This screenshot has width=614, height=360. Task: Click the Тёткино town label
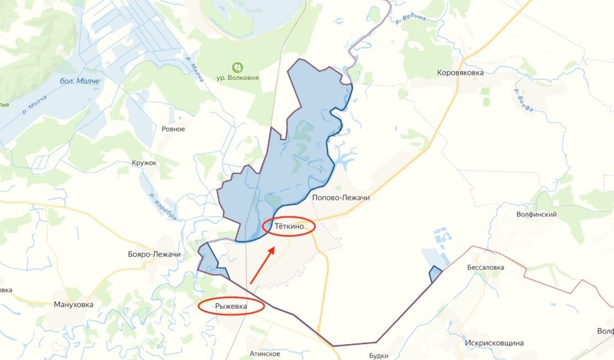pos(288,227)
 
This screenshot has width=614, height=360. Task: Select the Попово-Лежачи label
pos(341,198)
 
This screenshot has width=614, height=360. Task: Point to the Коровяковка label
pos(460,72)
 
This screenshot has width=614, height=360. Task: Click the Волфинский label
pos(536,215)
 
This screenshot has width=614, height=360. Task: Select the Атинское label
pos(265,354)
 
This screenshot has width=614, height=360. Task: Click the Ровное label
pos(173,129)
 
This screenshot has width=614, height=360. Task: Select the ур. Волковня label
pos(238,78)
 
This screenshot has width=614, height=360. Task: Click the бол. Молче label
pos(79,81)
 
